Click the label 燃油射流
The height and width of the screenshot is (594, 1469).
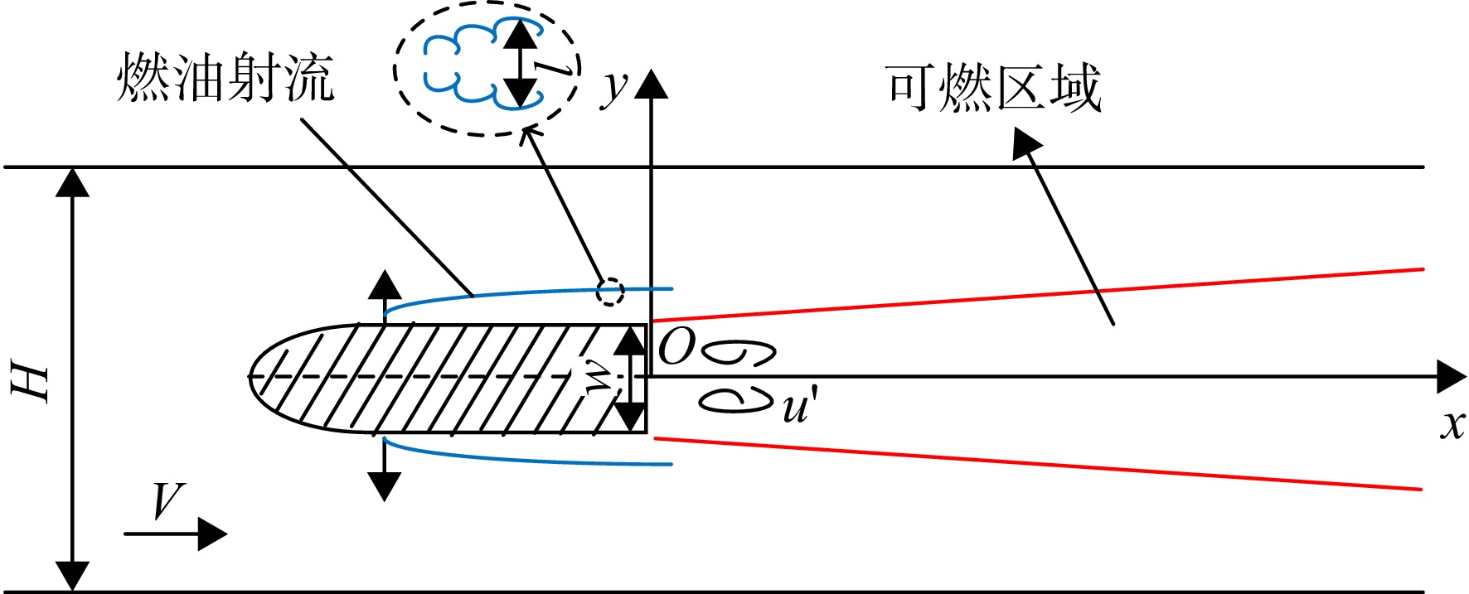pyautogui.click(x=225, y=78)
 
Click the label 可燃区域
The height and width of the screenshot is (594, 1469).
pyautogui.click(x=994, y=89)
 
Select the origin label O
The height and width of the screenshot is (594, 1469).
pyautogui.click(x=676, y=347)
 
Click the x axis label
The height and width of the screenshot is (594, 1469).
pyautogui.click(x=1452, y=424)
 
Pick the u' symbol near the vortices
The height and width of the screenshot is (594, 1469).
pyautogui.click(x=798, y=406)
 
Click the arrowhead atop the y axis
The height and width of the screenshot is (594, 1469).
pyautogui.click(x=651, y=85)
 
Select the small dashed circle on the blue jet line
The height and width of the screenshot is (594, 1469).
pyautogui.click(x=610, y=291)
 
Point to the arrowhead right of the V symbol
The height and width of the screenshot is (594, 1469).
pyautogui.click(x=213, y=534)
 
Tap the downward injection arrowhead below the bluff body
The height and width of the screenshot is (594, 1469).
pyautogui.click(x=384, y=486)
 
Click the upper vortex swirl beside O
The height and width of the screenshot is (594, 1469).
pyautogui.click(x=739, y=353)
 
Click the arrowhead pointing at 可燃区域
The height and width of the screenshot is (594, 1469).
pyautogui.click(x=1026, y=143)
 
